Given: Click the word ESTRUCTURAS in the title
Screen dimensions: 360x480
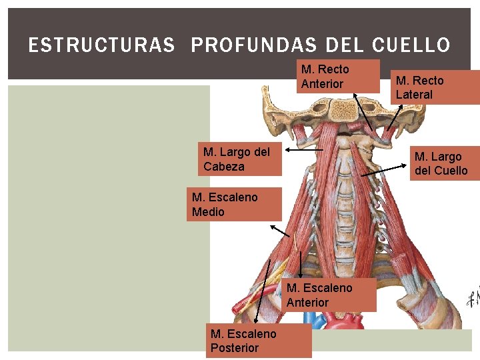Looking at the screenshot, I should point(101,45).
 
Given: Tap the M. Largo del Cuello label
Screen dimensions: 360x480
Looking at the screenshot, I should point(441,163).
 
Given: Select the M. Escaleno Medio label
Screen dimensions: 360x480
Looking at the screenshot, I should point(233,204).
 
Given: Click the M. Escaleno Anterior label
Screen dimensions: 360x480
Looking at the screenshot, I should point(329,295).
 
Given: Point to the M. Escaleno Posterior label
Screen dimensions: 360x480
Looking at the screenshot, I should point(257,341).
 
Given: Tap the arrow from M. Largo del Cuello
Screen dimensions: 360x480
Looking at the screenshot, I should point(383,173).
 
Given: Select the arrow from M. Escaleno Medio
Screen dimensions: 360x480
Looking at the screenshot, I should point(280,230).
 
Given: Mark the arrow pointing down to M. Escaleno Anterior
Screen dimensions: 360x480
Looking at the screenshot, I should point(301,265).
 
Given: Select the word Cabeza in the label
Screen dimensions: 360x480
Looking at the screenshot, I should point(224,167).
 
